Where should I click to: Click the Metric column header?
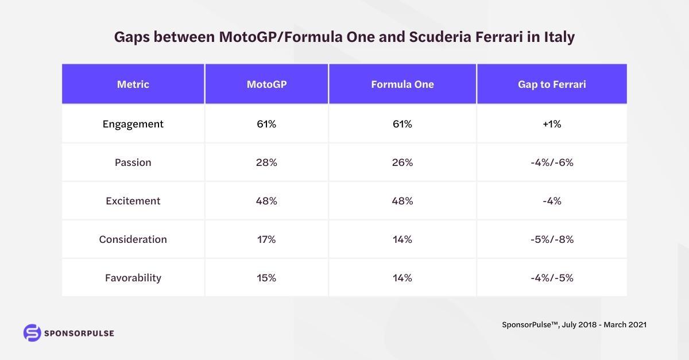pos(133,84)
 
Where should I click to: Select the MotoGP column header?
pos(266,84)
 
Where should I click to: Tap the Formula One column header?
pos(402,84)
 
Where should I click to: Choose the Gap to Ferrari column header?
pos(552,84)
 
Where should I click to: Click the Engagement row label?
pos(133,124)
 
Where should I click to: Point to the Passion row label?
pos(133,162)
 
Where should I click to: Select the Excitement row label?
pos(133,201)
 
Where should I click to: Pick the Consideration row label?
pos(133,239)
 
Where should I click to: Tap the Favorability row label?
pos(133,278)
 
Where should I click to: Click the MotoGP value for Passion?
pos(266,162)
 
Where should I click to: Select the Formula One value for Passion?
pos(402,162)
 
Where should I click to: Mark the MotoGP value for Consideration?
pos(266,239)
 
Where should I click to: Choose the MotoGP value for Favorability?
pos(266,278)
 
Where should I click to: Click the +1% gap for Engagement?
pos(552,124)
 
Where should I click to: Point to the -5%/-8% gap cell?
pos(552,239)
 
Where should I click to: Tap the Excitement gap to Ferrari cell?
pos(552,201)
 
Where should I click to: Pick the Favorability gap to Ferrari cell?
pos(552,278)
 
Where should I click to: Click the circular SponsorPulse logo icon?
pos(32,333)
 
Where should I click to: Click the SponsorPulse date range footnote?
pos(574,324)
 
